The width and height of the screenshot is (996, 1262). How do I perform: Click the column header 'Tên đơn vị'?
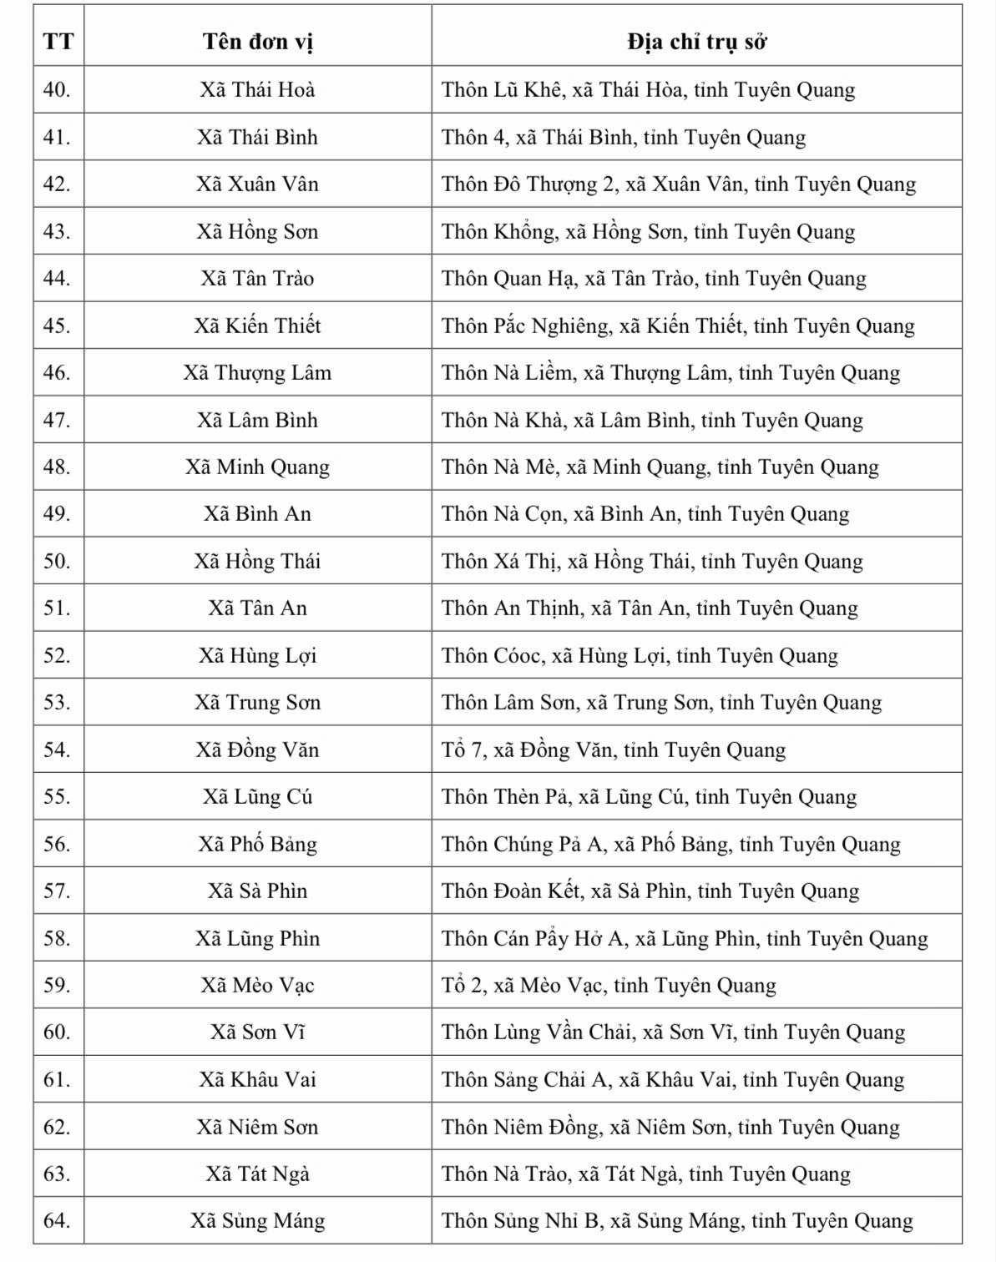pos(257,42)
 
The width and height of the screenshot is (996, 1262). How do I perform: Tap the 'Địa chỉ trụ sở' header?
pos(696,42)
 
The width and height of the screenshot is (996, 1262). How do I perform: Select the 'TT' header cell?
pos(58,42)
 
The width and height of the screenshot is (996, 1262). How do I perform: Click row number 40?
pos(57,89)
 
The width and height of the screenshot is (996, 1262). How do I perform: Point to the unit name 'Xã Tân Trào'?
pos(257,278)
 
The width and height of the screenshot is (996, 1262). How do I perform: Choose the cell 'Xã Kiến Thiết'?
pos(257,326)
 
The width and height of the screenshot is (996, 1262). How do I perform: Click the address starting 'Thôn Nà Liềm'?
pos(670,372)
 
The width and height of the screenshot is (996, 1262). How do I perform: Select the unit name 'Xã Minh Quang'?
pos(257,467)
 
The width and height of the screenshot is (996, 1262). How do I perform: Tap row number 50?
pos(57,561)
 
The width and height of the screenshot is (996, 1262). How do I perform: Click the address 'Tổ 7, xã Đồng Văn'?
pos(614,750)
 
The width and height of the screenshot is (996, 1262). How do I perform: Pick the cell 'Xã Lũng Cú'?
pos(257,796)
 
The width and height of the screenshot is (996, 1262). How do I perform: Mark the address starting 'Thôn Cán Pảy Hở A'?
pos(685,938)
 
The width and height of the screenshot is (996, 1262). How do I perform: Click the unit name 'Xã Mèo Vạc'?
pos(257,985)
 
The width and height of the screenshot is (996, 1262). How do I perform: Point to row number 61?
pos(57,1079)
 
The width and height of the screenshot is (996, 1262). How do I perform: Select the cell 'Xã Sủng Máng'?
pos(257,1220)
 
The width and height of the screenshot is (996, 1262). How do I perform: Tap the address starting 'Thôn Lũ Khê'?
pos(648,89)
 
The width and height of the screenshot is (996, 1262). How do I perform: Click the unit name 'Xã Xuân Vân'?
pos(257,184)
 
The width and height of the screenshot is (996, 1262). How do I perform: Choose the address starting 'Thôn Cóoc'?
pos(640,655)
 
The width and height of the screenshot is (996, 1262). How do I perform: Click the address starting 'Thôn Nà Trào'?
pos(646,1174)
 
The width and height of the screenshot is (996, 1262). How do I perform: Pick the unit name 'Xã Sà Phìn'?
pos(257,891)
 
